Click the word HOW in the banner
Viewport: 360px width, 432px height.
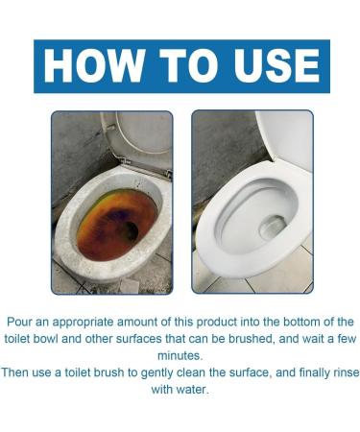point(95,66)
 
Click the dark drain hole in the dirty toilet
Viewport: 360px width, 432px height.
point(127,230)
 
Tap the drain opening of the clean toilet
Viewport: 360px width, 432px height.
point(272,228)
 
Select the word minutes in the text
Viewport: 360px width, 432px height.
point(180,354)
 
